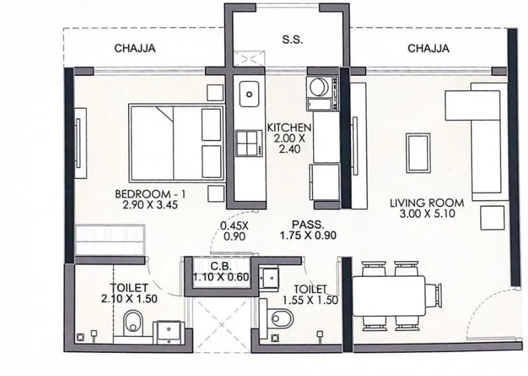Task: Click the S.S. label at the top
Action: tap(293, 40)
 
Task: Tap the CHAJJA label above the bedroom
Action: tap(135, 48)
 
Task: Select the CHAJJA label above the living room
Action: tap(428, 48)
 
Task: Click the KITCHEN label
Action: tap(289, 128)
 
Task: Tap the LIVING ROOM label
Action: tap(427, 202)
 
